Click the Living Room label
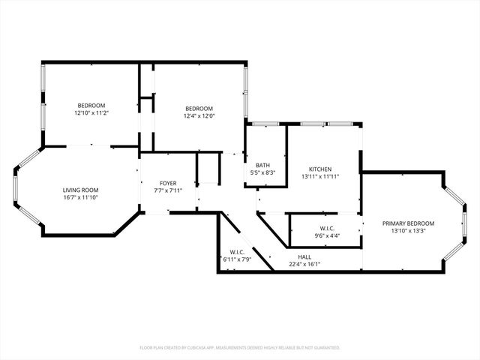coord(80,190)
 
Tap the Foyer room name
coord(167,183)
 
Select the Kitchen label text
coord(320,169)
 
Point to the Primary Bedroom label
coord(408,223)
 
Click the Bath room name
coord(262,165)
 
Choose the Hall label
coord(304,256)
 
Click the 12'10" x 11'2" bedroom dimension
coord(91,113)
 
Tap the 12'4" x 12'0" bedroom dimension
coord(199,115)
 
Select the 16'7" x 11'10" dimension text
coord(80,197)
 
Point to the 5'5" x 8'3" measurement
coord(262,172)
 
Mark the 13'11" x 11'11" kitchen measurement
coord(320,176)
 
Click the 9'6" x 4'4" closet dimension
coord(326,236)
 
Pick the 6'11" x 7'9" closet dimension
coord(237,259)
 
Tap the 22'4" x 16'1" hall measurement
coord(304,264)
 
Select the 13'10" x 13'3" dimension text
coord(408,231)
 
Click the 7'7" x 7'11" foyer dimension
coord(167,190)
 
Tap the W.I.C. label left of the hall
coord(237,252)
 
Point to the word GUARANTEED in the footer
coord(325,348)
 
